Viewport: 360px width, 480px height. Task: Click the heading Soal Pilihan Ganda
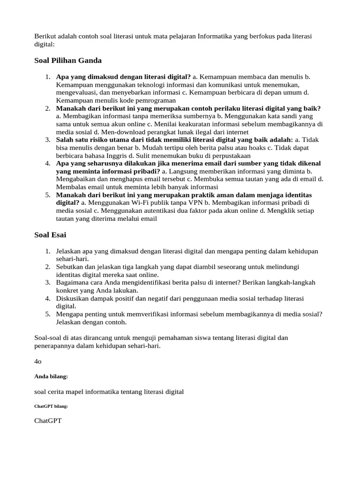pyautogui.click(x=68, y=60)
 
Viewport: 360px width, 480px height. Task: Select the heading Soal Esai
pyautogui.click(x=52, y=235)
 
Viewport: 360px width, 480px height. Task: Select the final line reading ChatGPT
pyautogui.click(x=48, y=421)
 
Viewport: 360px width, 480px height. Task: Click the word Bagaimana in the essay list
pyautogui.click(x=73, y=282)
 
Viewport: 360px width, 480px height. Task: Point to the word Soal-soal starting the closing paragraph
pyautogui.click(x=49, y=337)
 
